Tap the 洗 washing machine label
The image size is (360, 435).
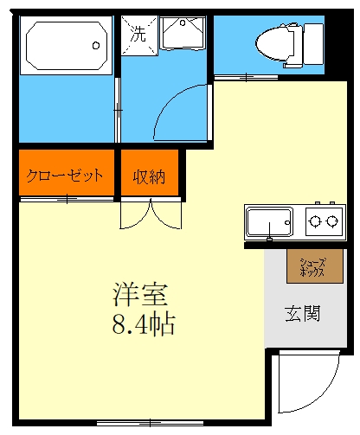click(138, 35)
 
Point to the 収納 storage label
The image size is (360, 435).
click(149, 176)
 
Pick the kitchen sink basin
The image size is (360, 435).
click(269, 222)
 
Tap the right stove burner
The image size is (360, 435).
click(331, 221)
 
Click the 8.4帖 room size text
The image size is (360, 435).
click(141, 325)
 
